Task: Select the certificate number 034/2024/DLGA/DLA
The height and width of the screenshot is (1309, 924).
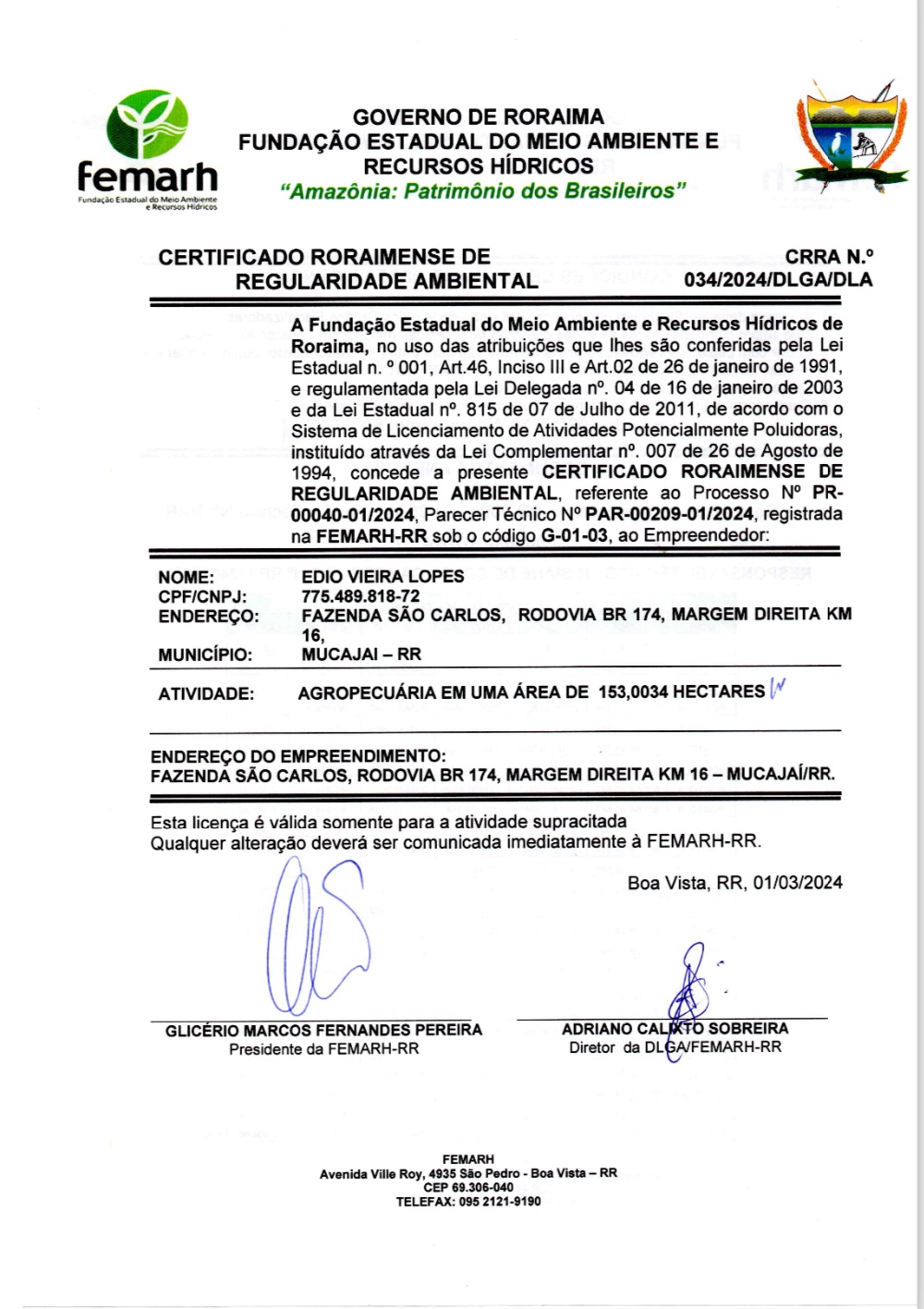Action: (x=778, y=280)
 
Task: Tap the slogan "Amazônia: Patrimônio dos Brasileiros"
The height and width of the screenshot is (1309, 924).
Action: (x=483, y=191)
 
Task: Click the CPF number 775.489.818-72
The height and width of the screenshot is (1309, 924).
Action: (x=360, y=596)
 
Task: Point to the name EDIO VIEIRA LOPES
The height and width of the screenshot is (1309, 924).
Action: (x=383, y=576)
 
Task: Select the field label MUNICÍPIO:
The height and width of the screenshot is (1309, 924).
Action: (x=204, y=654)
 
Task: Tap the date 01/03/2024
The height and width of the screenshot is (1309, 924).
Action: (x=797, y=883)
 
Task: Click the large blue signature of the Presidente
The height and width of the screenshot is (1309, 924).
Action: (x=319, y=938)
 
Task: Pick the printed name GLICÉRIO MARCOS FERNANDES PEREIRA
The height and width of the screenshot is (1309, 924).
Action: (x=323, y=1030)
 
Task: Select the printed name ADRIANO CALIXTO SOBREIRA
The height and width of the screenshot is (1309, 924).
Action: (x=675, y=1029)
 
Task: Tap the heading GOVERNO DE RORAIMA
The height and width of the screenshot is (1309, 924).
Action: (x=478, y=117)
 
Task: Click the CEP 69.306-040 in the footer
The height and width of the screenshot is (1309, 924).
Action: (x=468, y=1188)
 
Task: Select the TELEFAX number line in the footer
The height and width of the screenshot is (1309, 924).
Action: (x=468, y=1202)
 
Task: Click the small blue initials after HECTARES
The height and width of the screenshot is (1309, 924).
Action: (x=776, y=689)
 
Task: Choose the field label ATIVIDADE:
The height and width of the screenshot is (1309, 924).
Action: (x=206, y=694)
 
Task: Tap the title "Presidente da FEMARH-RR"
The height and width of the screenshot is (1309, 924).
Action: (x=323, y=1049)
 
